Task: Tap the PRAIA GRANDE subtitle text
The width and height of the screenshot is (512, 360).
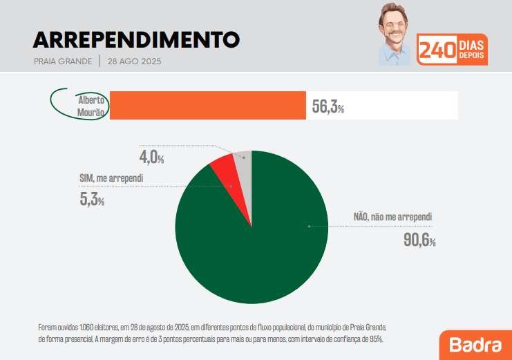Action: click(x=63, y=61)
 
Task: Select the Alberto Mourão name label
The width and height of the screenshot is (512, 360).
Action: click(x=91, y=105)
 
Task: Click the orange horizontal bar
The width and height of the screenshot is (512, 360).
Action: click(x=207, y=105)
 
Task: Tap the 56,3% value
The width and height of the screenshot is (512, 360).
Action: click(x=328, y=106)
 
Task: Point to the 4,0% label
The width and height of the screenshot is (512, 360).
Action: click(x=152, y=156)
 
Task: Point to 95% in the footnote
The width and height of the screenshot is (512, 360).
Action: click(x=375, y=339)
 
